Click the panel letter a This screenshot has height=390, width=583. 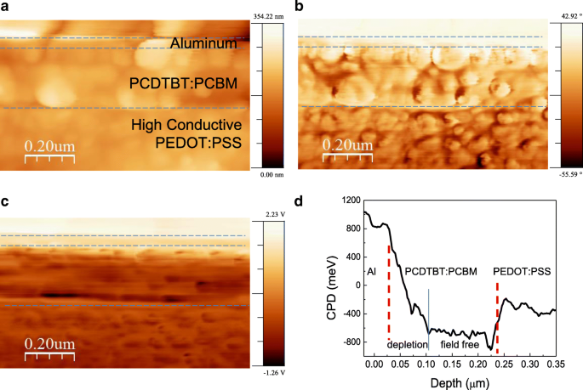point(4,8)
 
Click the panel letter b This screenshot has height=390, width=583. point(298,8)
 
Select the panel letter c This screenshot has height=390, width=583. point(4,202)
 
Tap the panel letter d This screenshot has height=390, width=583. point(298,202)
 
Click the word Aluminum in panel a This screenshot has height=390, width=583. point(203,42)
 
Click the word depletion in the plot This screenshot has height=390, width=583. point(406,345)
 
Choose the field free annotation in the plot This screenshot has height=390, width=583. point(458,345)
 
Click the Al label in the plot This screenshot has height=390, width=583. point(372,271)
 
